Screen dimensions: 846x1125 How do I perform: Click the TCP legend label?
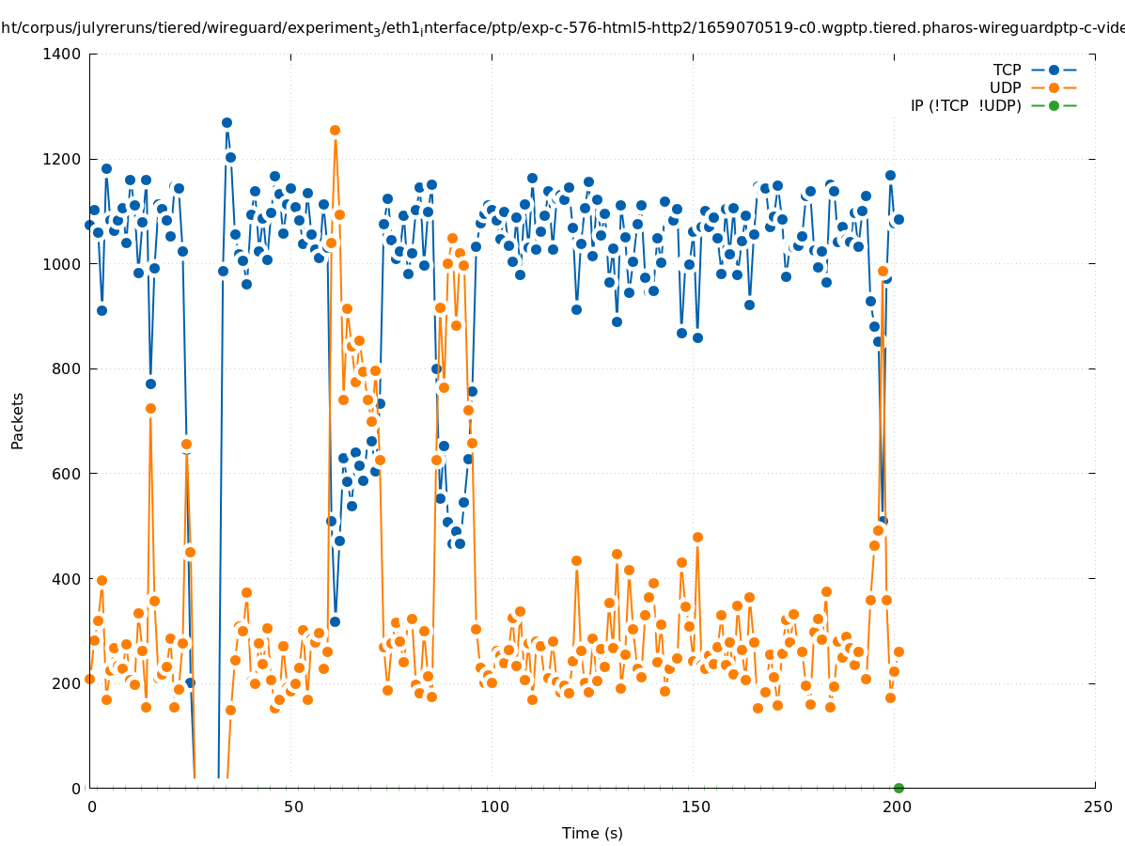point(1007,70)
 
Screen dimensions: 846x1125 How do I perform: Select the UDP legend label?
point(1005,88)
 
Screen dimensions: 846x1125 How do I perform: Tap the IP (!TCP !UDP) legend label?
point(965,106)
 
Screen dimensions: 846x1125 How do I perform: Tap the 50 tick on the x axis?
point(293,807)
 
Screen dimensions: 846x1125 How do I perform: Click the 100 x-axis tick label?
point(494,807)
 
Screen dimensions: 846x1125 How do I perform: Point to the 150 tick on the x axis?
point(695,807)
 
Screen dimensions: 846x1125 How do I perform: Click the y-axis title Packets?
point(18,421)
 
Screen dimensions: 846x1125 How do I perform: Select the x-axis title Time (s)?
point(592,834)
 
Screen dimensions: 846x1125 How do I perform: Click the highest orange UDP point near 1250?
point(335,131)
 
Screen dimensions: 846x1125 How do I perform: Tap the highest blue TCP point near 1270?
point(227,123)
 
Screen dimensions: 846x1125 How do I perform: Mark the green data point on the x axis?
point(898,788)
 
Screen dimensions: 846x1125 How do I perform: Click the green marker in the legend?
point(1054,106)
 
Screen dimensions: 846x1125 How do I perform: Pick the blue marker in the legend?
point(1054,70)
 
